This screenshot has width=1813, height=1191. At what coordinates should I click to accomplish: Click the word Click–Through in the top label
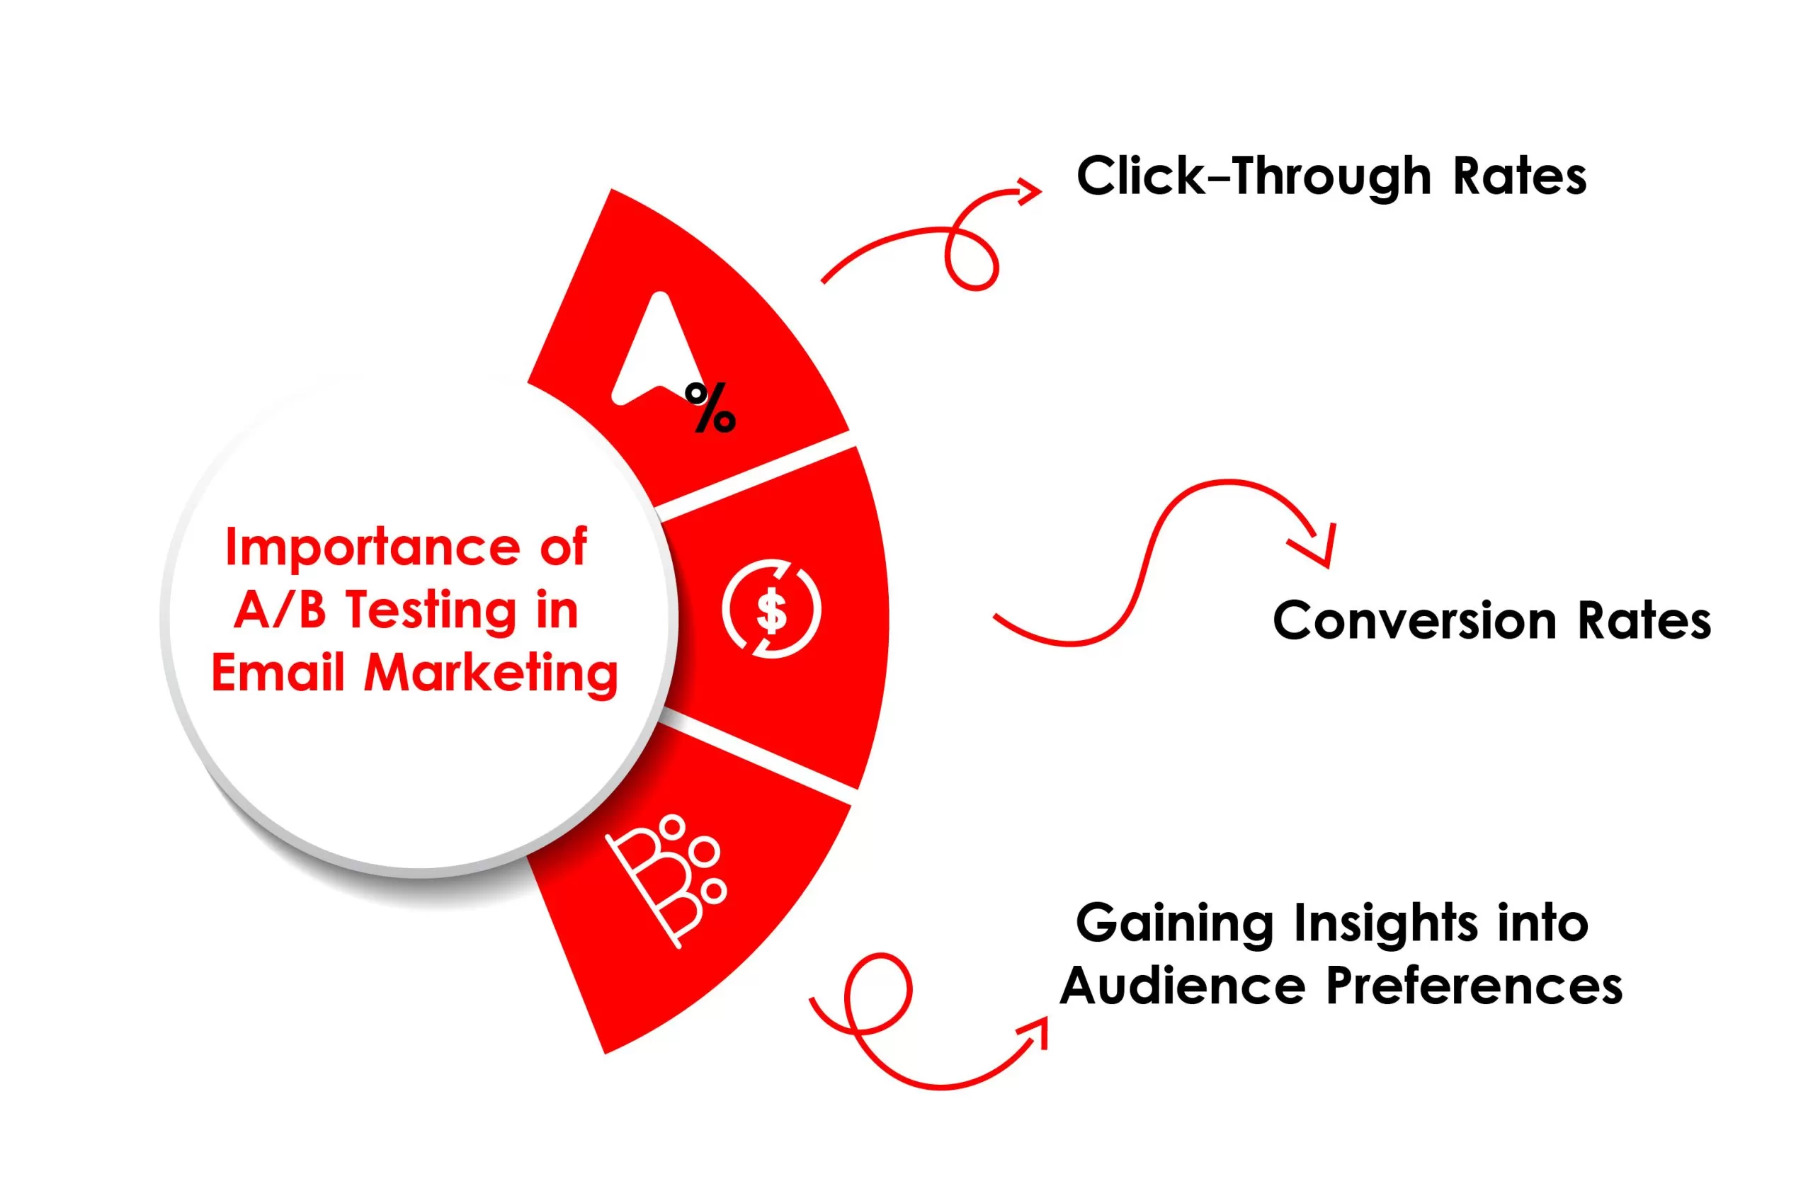click(x=1254, y=178)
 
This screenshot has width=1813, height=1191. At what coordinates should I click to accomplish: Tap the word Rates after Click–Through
click(x=1520, y=178)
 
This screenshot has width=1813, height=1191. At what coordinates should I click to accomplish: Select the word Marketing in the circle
click(x=491, y=675)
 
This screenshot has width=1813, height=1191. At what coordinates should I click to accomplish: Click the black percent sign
click(x=710, y=407)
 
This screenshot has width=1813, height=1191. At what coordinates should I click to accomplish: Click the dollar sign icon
click(x=771, y=609)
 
